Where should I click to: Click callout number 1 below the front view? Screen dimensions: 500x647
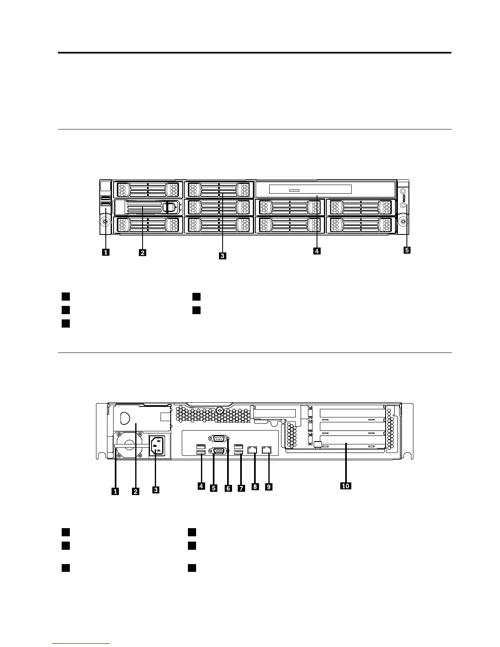[x=105, y=252]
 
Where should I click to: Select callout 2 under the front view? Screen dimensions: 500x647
[x=142, y=252]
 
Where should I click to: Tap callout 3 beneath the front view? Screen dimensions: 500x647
[x=222, y=256]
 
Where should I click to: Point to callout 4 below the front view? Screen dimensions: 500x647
[x=317, y=251]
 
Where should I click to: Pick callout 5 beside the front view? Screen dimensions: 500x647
[x=406, y=250]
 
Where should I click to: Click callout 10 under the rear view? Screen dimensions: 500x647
[x=346, y=486]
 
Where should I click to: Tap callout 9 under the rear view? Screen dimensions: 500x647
[x=268, y=486]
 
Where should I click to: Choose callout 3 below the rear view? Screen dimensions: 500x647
[x=156, y=490]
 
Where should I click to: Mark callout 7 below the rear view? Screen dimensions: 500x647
[x=241, y=488]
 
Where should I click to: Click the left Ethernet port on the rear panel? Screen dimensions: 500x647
[x=252, y=450]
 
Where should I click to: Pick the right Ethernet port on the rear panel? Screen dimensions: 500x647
[x=267, y=450]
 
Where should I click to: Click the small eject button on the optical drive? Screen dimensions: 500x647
[x=295, y=190]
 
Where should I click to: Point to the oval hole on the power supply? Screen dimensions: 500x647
[x=125, y=417]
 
